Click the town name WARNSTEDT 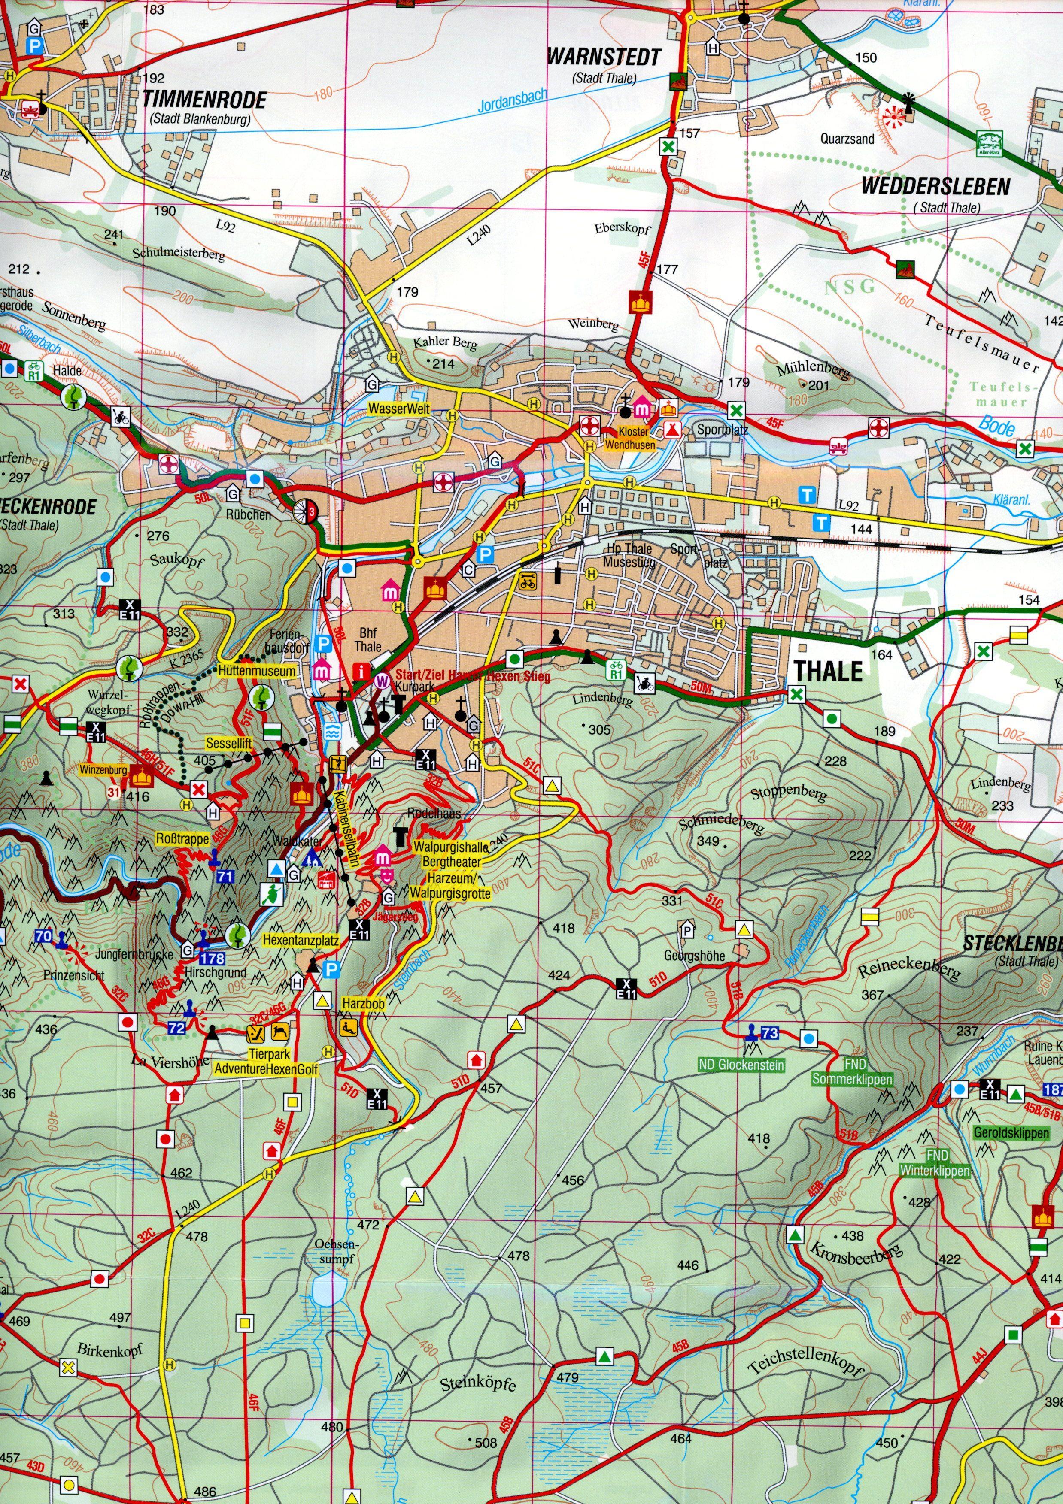604,57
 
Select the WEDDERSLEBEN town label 935,186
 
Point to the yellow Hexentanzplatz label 301,941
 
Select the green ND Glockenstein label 741,1066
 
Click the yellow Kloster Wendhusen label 633,438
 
